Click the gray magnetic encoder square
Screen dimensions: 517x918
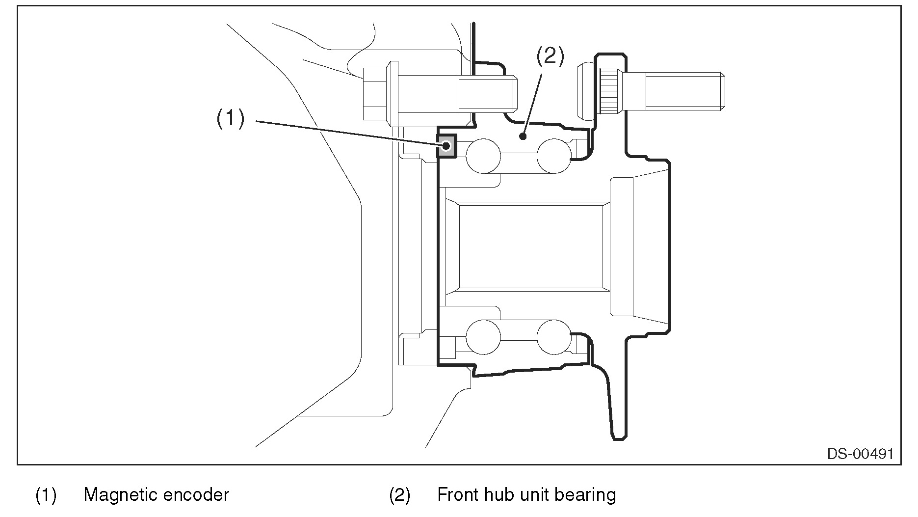click(x=446, y=146)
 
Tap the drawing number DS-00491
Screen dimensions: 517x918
click(x=860, y=453)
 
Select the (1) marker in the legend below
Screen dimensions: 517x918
click(x=46, y=495)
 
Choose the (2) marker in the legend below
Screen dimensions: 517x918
click(x=399, y=495)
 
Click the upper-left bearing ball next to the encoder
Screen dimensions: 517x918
click(x=483, y=156)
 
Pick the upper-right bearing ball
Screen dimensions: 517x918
click(x=554, y=156)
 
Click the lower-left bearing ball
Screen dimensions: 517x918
click(x=483, y=337)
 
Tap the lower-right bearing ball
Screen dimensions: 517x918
click(x=554, y=337)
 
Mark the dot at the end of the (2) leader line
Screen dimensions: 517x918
click(x=524, y=136)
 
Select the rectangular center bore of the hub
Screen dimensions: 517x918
click(x=530, y=246)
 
